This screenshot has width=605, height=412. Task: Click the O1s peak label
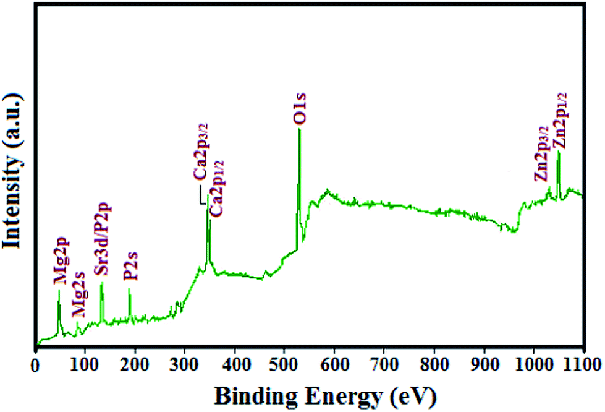coord(300,108)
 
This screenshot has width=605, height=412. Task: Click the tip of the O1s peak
coord(300,129)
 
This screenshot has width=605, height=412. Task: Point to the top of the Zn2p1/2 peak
coord(559,152)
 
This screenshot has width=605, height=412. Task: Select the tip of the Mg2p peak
coord(59,290)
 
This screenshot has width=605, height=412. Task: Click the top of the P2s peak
coord(129,289)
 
